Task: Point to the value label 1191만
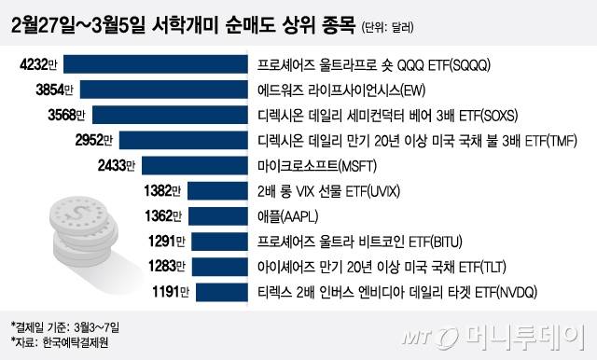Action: point(171,292)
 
